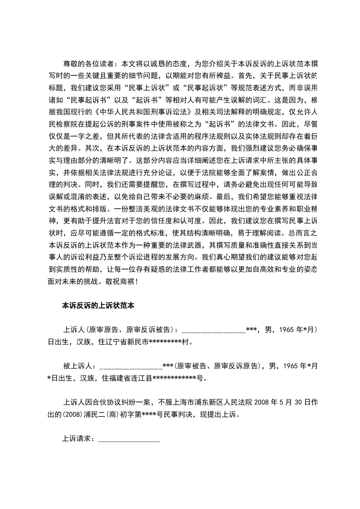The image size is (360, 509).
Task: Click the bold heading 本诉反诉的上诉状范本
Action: pyautogui.click(x=97, y=306)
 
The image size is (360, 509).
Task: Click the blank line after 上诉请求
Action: pyautogui.click(x=129, y=439)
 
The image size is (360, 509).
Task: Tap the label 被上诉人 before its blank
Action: pyautogui.click(x=78, y=365)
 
